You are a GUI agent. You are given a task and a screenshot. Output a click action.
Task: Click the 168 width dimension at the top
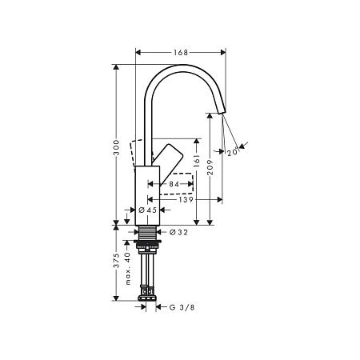(x=181, y=53)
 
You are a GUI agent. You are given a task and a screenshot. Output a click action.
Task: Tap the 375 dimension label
(x=117, y=262)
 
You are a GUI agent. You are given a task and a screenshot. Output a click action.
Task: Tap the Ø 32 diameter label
(x=178, y=233)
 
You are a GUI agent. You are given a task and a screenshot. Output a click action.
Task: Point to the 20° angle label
(x=232, y=152)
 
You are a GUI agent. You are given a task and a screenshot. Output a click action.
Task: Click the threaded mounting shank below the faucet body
(x=147, y=236)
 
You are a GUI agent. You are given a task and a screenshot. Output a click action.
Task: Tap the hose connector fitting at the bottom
(x=147, y=299)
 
